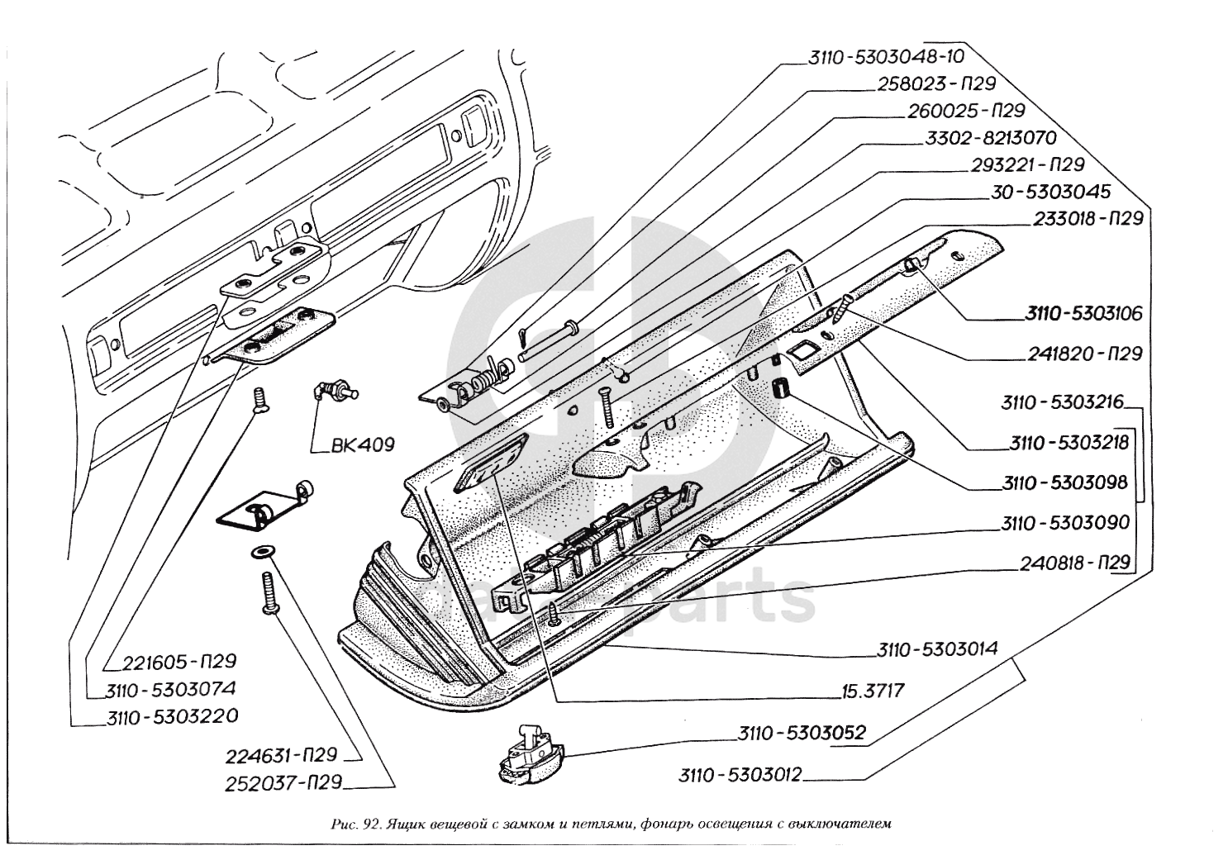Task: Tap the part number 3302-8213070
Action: pos(988,138)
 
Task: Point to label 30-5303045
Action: pos(1050,192)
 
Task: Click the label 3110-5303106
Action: pos(1083,314)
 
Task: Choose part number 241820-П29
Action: pos(1085,354)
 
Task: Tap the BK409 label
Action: pos(362,444)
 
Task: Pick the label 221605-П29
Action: pos(179,662)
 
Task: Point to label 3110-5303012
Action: pos(740,775)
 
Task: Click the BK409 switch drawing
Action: pos(334,389)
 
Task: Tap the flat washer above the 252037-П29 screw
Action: pos(263,551)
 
